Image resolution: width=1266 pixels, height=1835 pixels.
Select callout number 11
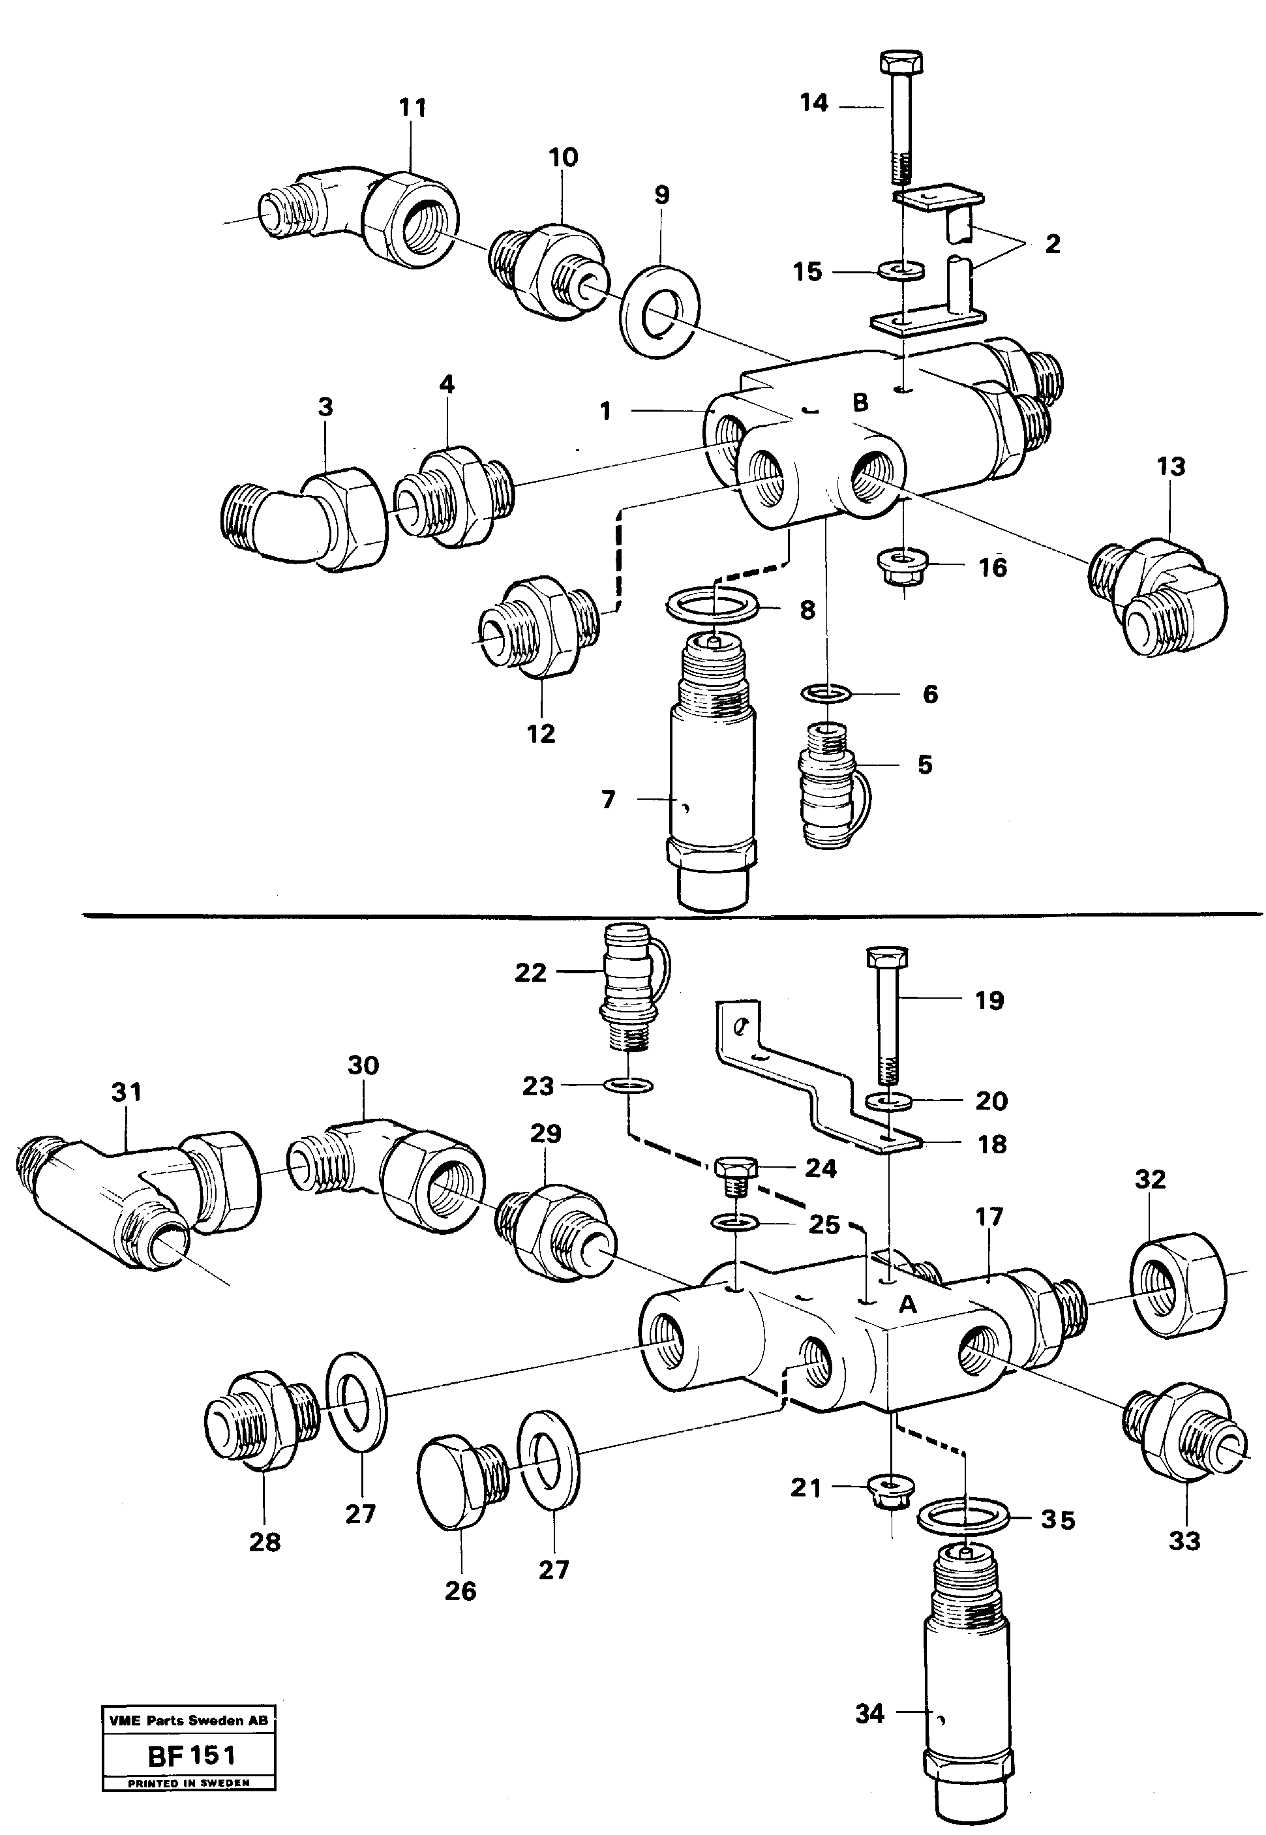pyautogui.click(x=412, y=107)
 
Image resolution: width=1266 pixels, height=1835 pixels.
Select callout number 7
pyautogui.click(x=609, y=799)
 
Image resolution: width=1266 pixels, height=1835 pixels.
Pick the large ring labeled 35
pyautogui.click(x=963, y=1519)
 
